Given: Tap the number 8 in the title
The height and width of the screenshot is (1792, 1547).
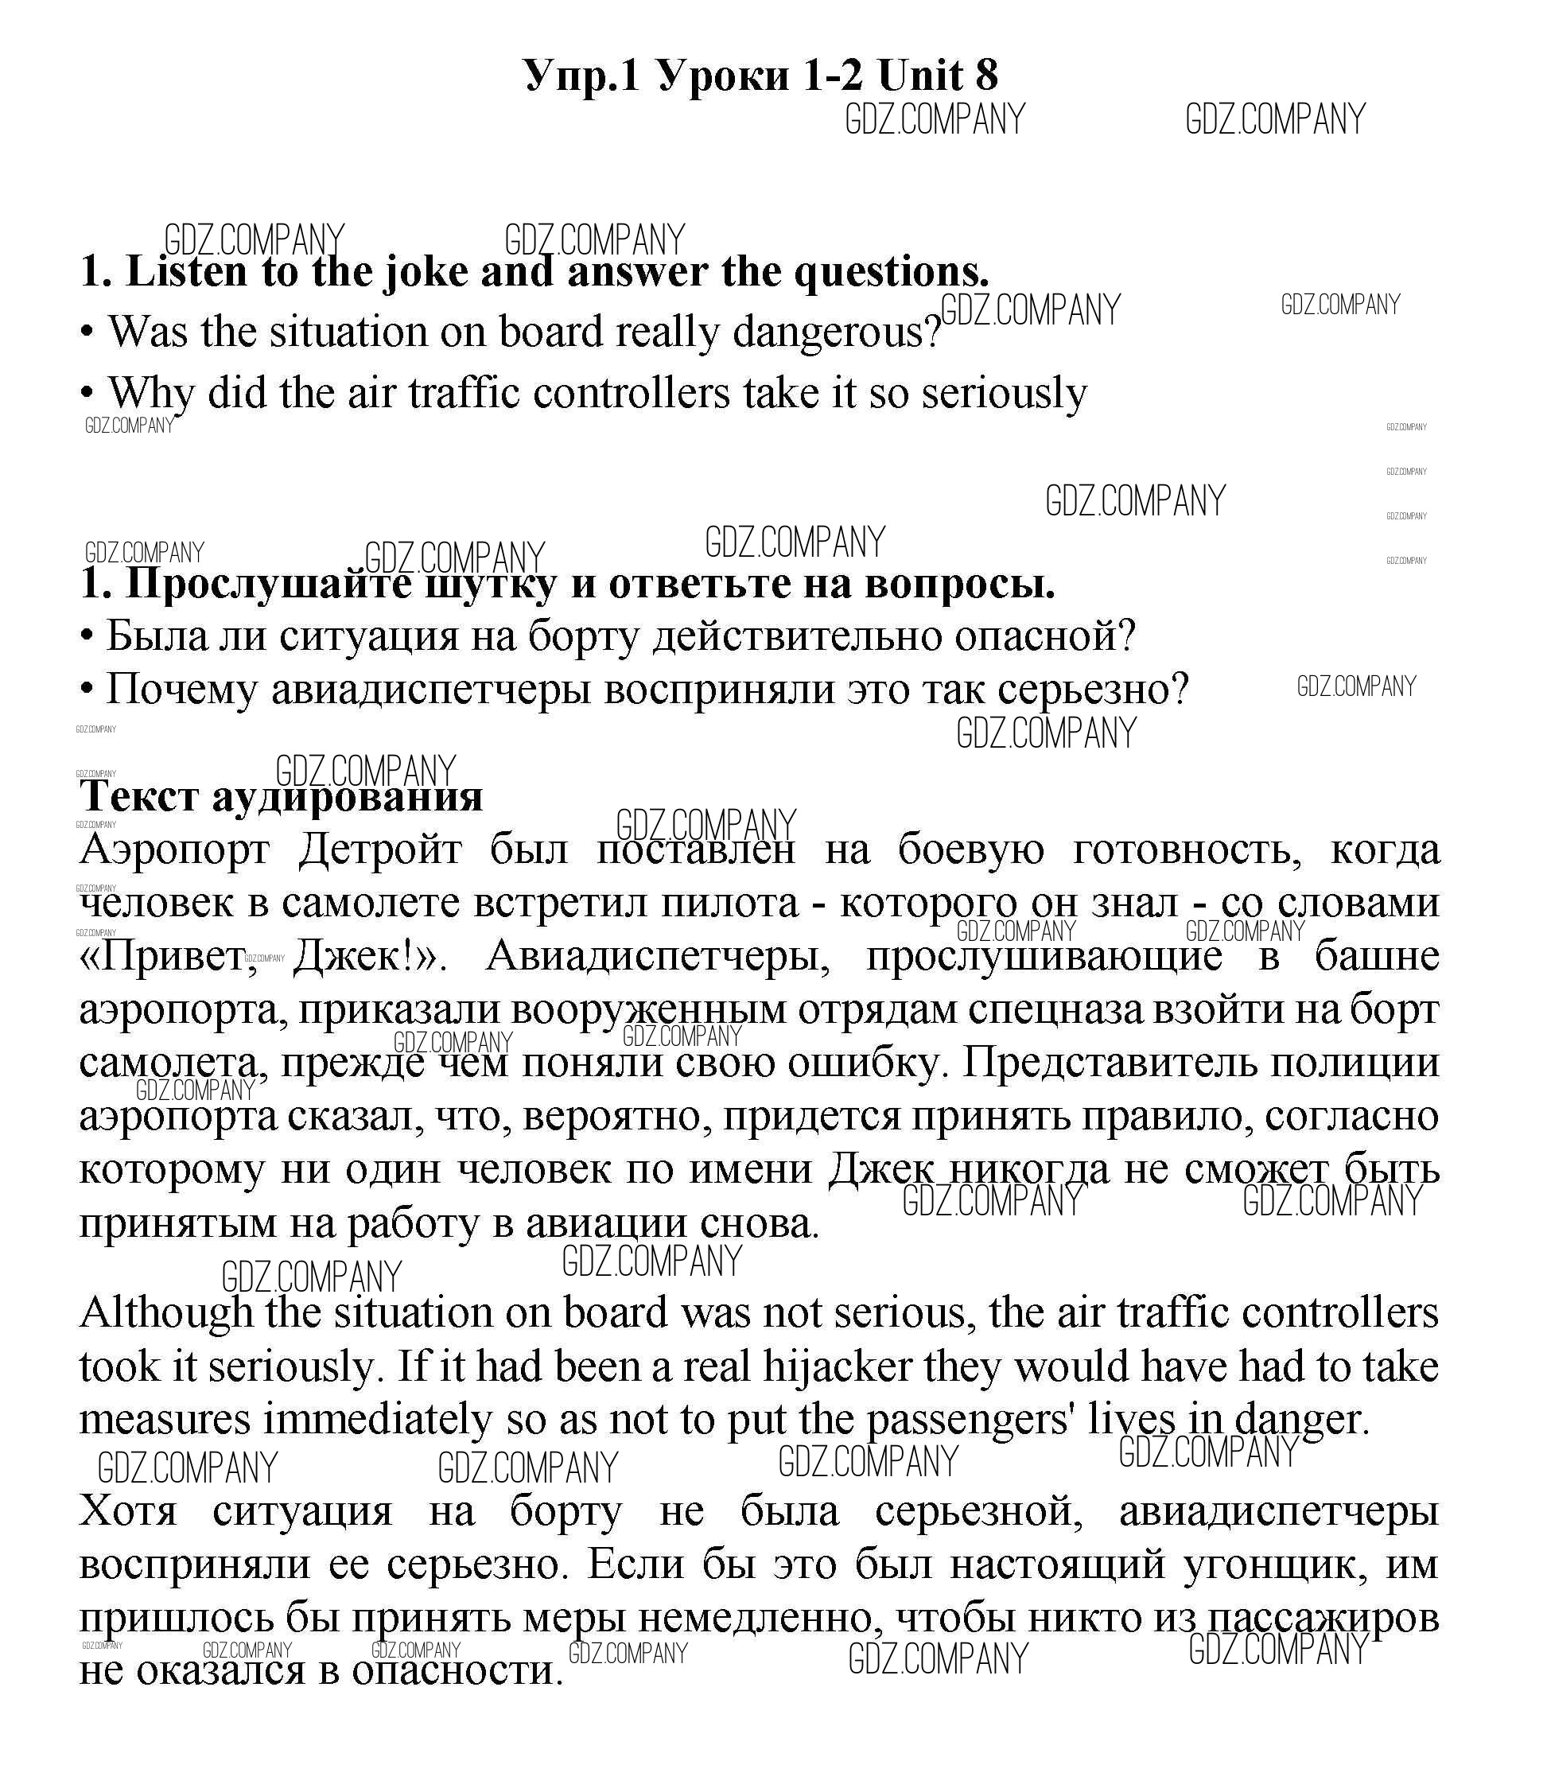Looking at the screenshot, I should coord(986,76).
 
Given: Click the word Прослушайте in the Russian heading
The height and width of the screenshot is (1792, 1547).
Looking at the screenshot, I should coord(268,585).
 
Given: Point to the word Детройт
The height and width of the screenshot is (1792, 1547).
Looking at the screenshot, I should coord(380,850).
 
